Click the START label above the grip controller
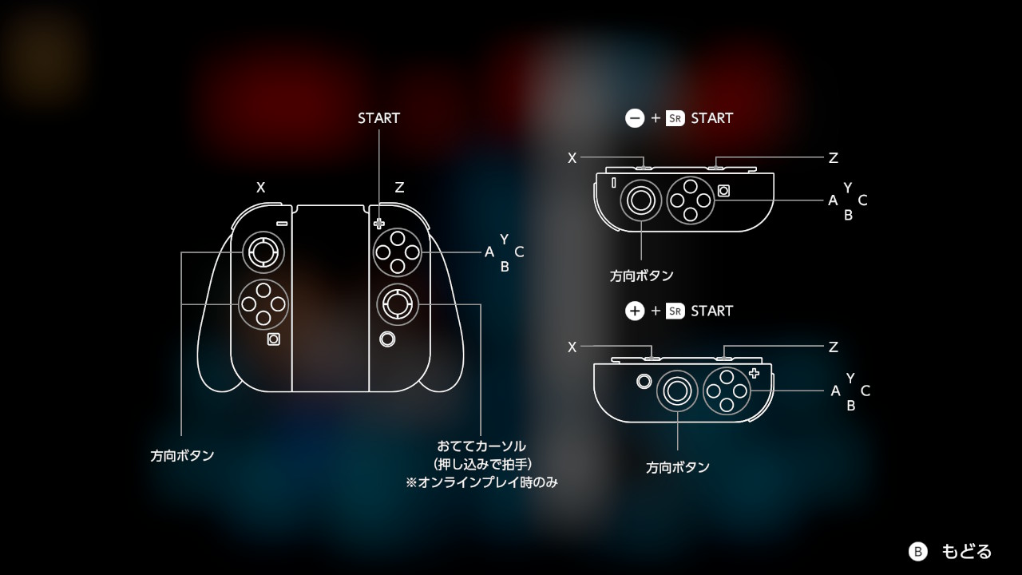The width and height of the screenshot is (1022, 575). [378, 118]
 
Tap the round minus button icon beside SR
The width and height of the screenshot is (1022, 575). [635, 118]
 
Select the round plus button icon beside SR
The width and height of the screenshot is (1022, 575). [635, 311]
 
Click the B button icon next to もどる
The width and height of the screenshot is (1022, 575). [918, 551]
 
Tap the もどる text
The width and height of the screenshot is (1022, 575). [967, 551]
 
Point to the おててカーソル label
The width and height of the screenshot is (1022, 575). [481, 446]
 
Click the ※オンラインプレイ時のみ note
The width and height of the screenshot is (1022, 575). [481, 482]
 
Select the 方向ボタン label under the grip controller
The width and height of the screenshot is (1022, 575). [182, 455]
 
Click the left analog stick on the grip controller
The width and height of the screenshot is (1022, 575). [263, 252]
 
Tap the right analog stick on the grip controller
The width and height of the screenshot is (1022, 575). [398, 304]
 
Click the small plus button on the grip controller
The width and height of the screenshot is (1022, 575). [378, 224]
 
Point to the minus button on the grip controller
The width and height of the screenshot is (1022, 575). [282, 224]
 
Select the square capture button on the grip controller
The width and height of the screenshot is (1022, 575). [273, 339]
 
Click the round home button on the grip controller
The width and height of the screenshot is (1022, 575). [387, 339]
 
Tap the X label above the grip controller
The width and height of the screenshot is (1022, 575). [260, 187]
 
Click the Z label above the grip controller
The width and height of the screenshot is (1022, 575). [399, 187]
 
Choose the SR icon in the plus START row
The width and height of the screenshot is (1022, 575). [675, 311]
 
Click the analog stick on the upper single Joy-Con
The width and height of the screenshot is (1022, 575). [640, 200]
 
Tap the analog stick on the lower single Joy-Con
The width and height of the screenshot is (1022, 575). [677, 391]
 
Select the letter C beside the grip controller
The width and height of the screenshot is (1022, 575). [519, 252]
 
